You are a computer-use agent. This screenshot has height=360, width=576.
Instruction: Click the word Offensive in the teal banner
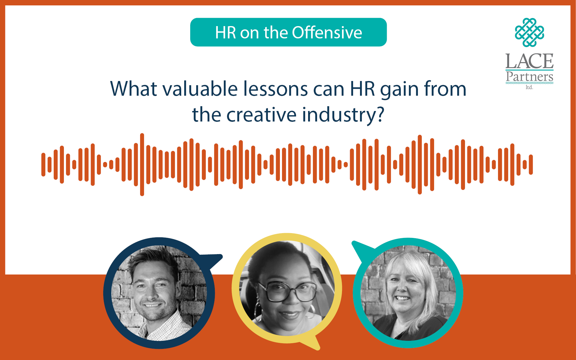[x=327, y=32]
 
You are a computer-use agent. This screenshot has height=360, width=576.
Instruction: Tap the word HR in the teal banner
[x=226, y=33]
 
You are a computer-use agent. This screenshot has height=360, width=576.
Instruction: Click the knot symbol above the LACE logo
[x=529, y=32]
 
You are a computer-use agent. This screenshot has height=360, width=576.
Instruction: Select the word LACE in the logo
[x=529, y=61]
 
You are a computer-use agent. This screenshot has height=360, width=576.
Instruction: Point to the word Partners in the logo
[x=529, y=77]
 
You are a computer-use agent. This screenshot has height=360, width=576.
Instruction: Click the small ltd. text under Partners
[x=529, y=87]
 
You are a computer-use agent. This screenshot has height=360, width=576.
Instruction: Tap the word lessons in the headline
[x=275, y=89]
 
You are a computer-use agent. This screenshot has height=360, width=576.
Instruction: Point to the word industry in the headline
[x=339, y=116]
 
